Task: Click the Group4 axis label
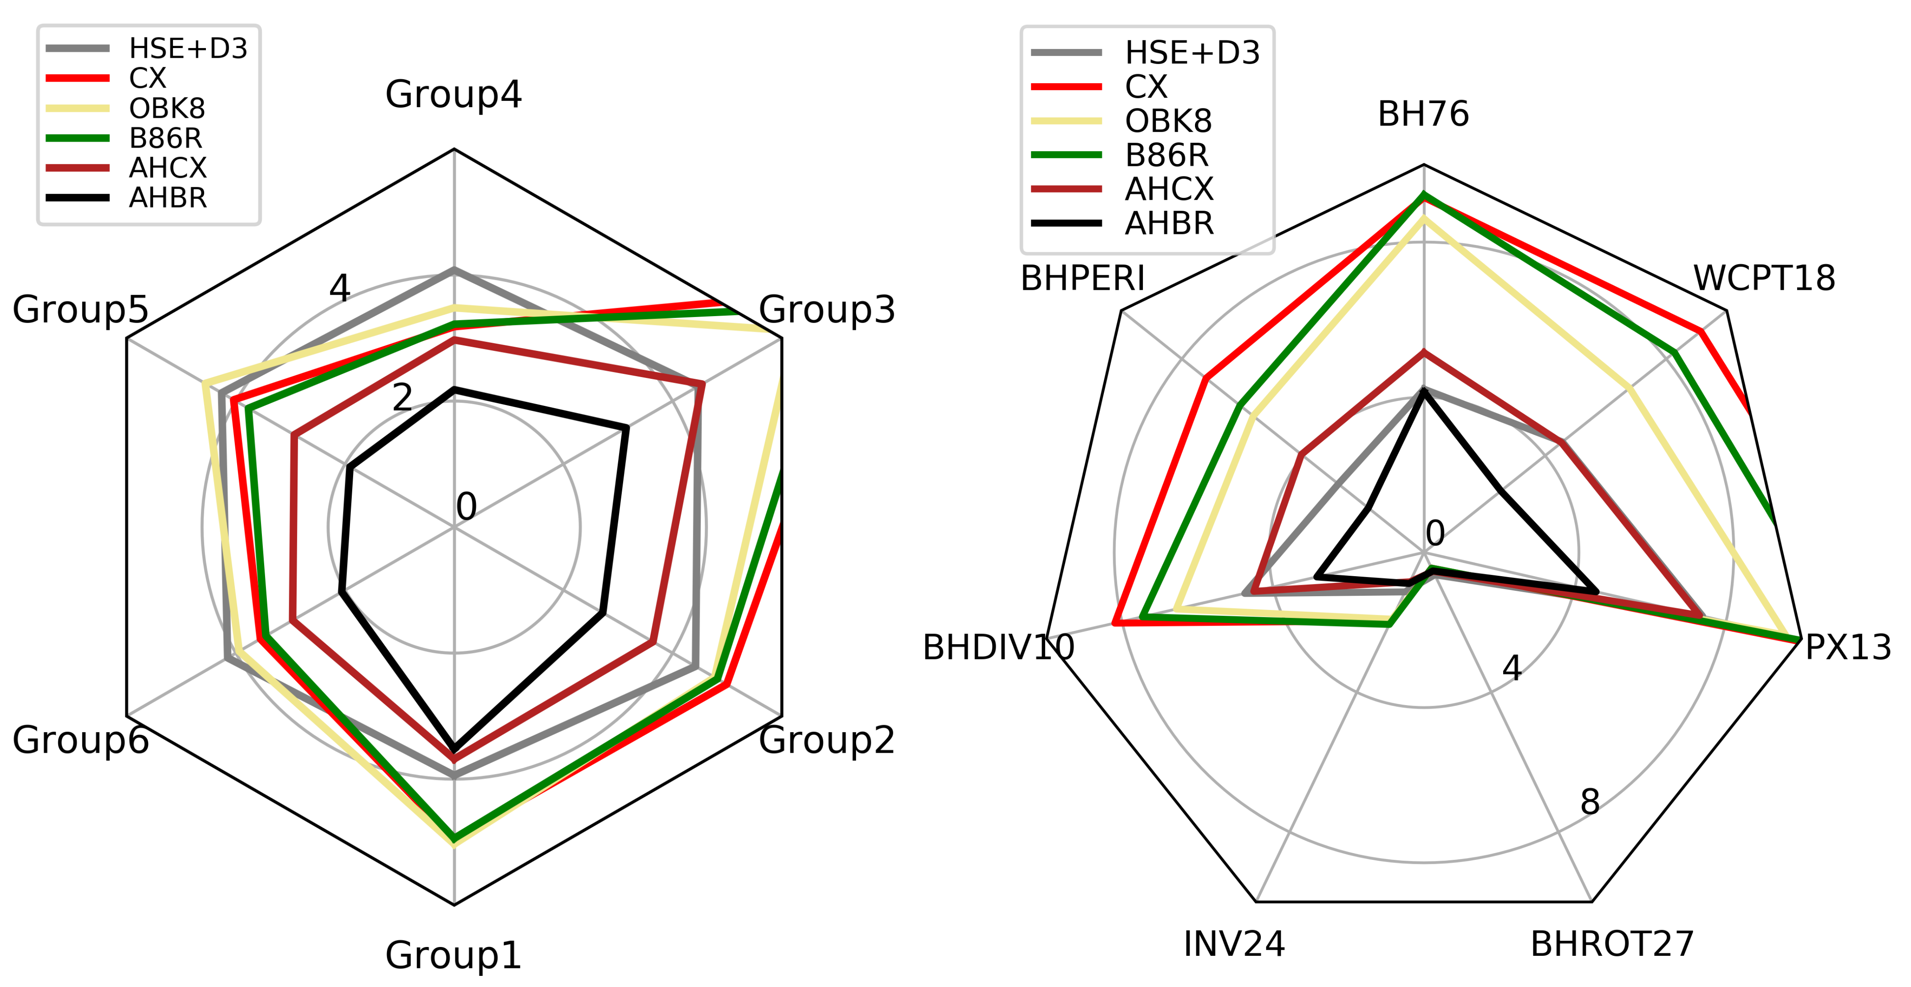click(x=453, y=95)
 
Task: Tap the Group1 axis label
click(x=453, y=955)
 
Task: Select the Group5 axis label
click(x=80, y=310)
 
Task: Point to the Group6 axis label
click(x=80, y=740)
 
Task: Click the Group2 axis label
click(x=826, y=740)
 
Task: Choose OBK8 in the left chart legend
click(x=167, y=109)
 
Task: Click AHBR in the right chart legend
click(x=1169, y=223)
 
